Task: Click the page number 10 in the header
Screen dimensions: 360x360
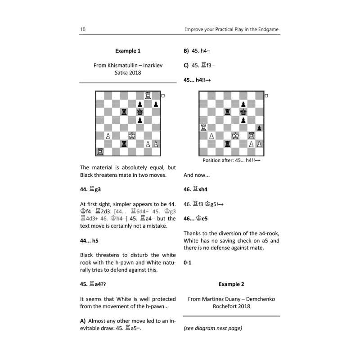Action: click(83, 30)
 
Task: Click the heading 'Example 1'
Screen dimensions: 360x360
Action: click(128, 51)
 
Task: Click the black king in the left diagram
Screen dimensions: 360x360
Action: click(140, 112)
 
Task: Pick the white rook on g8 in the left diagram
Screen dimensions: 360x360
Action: click(148, 95)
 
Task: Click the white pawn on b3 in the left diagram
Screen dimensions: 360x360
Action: click(108, 135)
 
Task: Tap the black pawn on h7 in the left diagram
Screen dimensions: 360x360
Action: click(156, 104)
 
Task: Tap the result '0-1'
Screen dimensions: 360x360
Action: click(188, 263)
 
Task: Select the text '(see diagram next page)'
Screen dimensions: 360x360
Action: click(213, 328)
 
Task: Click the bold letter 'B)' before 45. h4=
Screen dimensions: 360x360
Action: click(186, 51)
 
